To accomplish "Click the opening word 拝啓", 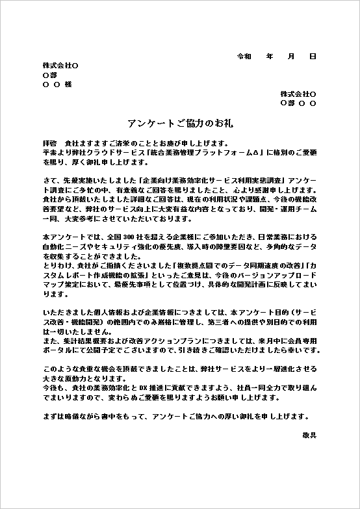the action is click(x=49, y=142).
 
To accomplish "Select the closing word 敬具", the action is click(x=309, y=434).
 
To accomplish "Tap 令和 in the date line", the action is click(x=244, y=57).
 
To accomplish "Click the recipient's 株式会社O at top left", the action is click(x=60, y=66).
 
